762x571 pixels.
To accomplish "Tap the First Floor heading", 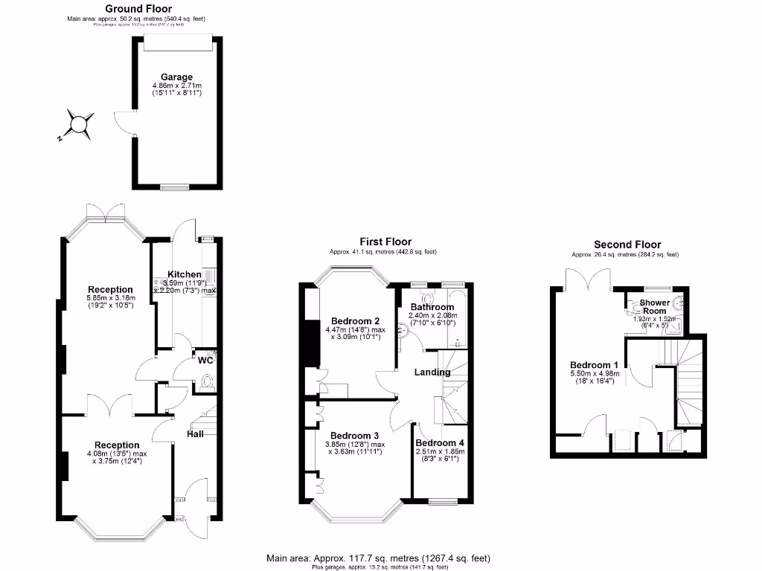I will pos(385,242).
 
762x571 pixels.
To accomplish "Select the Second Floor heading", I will pos(627,245).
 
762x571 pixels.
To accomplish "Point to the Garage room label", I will pos(177,77).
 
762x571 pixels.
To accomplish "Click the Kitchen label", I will pos(185,274).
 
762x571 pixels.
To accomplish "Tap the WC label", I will pos(206,361).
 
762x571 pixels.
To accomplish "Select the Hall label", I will pos(195,433).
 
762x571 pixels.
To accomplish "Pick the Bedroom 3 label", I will pos(355,436).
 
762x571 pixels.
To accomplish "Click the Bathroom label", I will pos(433,307).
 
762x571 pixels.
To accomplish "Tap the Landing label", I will pos(432,372).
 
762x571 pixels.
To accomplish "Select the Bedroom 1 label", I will pos(594,365).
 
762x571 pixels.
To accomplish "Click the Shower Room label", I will pos(656,307).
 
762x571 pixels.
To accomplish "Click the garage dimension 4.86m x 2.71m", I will pos(176,87).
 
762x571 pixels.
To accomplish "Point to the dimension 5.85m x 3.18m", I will pos(110,299).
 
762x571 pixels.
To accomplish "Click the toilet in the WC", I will pos(208,383).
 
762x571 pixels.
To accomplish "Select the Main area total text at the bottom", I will pos(378,558).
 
